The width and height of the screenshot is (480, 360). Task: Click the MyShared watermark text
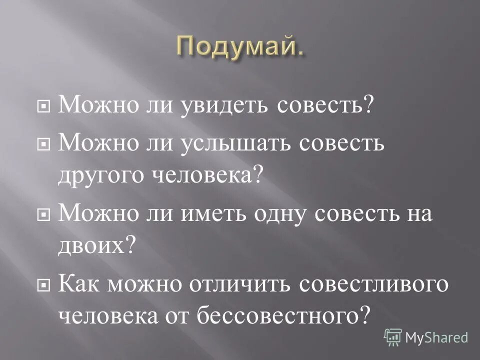coord(436,338)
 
